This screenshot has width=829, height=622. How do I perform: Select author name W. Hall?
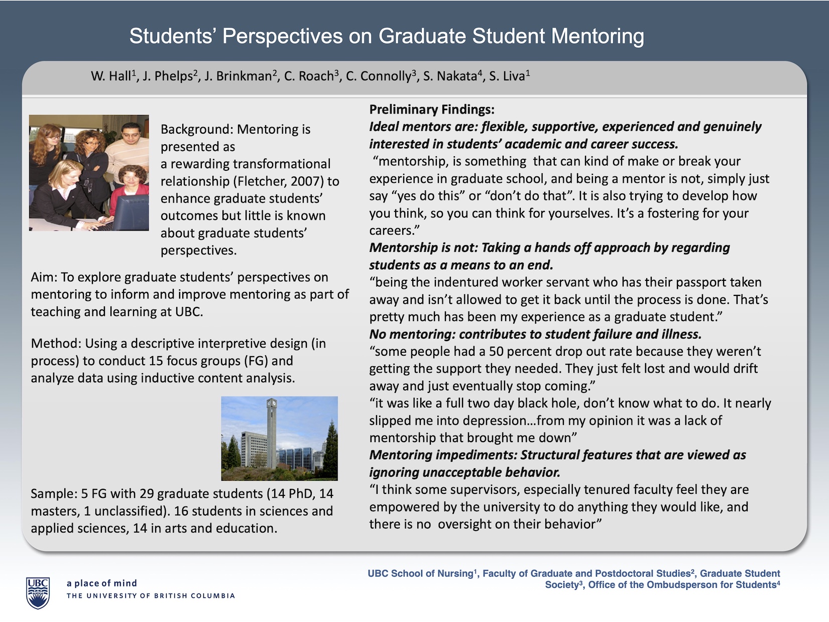[x=111, y=76]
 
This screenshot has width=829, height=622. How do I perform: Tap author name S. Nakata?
[x=449, y=76]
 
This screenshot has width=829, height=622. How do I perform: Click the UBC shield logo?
[x=38, y=593]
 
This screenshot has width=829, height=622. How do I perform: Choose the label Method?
[x=56, y=344]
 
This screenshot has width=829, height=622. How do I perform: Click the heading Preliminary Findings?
[x=432, y=110]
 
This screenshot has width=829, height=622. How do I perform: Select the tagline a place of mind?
[x=101, y=583]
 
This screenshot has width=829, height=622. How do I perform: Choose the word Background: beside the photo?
[x=196, y=130]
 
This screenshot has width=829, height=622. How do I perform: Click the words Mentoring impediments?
[x=442, y=455]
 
